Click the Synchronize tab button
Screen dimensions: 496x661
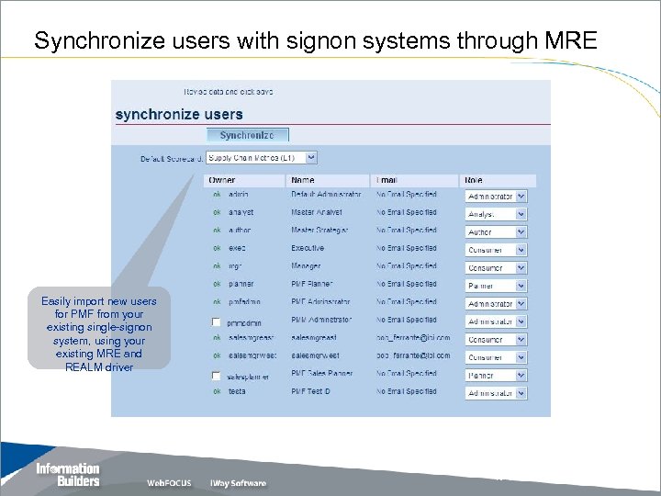click(246, 135)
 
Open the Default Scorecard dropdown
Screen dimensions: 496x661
click(262, 158)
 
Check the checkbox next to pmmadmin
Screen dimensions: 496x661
click(217, 322)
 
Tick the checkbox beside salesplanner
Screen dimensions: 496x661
click(217, 376)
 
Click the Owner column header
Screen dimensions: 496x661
click(222, 180)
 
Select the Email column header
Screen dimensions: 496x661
click(388, 180)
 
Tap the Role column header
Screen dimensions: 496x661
click(475, 180)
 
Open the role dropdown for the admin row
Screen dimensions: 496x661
click(496, 197)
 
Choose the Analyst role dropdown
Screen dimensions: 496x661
click(496, 214)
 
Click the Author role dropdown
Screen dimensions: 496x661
click(496, 232)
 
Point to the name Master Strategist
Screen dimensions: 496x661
click(320, 231)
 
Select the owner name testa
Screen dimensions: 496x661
click(237, 391)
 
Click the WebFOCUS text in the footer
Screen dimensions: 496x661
click(169, 483)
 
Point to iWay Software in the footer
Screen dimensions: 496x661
click(238, 483)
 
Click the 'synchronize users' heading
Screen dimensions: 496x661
click(179, 115)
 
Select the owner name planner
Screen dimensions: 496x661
click(241, 284)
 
